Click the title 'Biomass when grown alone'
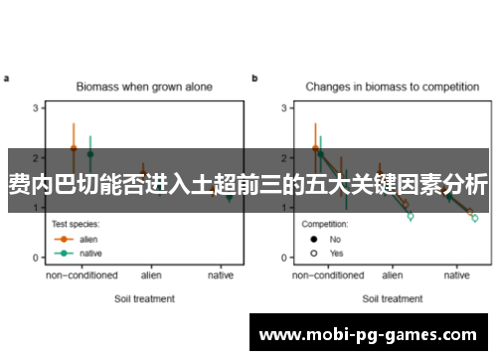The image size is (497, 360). tap(145, 88)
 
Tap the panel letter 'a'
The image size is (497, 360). tap(6, 78)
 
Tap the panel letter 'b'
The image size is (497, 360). tap(254, 78)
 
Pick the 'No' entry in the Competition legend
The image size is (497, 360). tap(334, 239)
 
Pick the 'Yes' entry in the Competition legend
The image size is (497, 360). tap(335, 253)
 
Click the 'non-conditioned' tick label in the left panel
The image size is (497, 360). tap(82, 274)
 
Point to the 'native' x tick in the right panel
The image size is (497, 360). tap(458, 274)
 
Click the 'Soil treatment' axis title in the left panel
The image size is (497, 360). tap(145, 298)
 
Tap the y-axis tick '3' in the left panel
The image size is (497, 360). tap(36, 107)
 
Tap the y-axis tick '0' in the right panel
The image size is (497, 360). tap(283, 259)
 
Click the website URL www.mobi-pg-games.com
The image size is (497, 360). tap(373, 335)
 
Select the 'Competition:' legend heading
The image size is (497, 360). tap(325, 224)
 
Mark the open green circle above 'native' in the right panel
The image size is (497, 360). tap(475, 218)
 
